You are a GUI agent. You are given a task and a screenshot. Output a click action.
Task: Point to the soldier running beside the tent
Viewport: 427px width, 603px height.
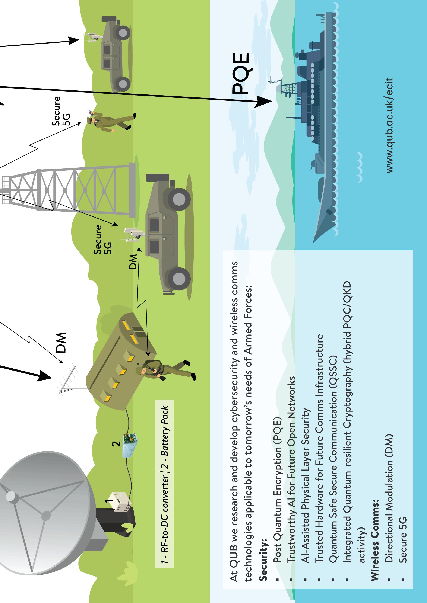pyautogui.click(x=163, y=370)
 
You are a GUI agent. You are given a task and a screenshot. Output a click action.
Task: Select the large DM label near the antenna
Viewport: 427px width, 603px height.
pyautogui.click(x=61, y=343)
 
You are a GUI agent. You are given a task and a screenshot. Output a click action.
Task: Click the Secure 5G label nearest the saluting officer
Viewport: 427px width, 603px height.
pyautogui.click(x=60, y=111)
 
